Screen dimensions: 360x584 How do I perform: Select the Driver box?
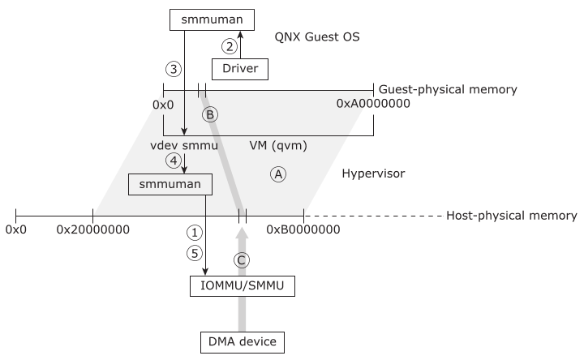tap(239, 69)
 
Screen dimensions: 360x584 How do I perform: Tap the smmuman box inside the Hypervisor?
tap(170, 185)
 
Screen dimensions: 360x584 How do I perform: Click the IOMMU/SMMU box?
tap(241, 286)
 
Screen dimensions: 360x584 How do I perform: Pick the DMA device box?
tap(241, 342)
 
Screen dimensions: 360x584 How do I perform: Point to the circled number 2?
tap(230, 46)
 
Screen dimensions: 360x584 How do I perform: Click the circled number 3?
tap(172, 67)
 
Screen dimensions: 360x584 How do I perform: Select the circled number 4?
tap(174, 161)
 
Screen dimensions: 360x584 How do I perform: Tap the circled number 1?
tap(194, 232)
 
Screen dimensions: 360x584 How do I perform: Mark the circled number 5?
tap(194, 253)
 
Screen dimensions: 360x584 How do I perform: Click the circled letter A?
tap(278, 174)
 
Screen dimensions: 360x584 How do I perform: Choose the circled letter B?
tap(209, 114)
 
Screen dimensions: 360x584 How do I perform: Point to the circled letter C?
tap(241, 259)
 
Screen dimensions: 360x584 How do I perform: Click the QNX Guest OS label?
tap(317, 37)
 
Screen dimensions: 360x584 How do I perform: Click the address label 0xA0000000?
tap(372, 104)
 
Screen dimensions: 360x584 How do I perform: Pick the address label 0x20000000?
tap(93, 229)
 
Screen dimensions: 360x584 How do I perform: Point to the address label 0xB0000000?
tap(303, 229)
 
